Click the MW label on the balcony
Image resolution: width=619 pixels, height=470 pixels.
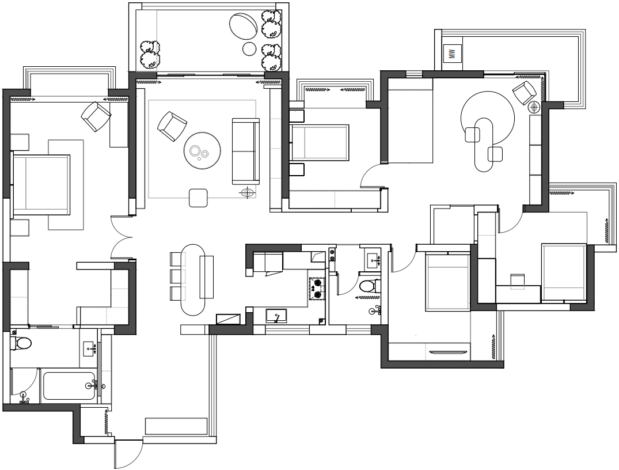click(453, 53)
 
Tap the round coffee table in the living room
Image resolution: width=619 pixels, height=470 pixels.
click(202, 150)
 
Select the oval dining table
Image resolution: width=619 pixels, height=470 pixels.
click(193, 279)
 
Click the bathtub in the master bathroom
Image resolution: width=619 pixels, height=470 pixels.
click(69, 386)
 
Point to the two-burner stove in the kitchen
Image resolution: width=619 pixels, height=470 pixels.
click(317, 289)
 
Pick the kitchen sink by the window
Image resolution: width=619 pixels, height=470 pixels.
click(276, 316)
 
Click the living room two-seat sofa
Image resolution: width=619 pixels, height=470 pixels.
click(245, 151)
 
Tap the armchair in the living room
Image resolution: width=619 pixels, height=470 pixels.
click(172, 126)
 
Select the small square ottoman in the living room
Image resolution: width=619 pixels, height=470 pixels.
click(198, 198)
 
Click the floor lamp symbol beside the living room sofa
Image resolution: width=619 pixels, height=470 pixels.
click(248, 193)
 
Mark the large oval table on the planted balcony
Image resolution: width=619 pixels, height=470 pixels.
click(244, 26)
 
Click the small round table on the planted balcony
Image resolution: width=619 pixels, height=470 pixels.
click(249, 48)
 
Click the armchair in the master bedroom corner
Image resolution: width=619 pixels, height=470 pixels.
click(96, 116)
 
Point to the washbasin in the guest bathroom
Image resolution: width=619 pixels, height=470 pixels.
click(373, 260)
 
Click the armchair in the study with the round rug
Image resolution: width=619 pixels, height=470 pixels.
click(525, 93)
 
